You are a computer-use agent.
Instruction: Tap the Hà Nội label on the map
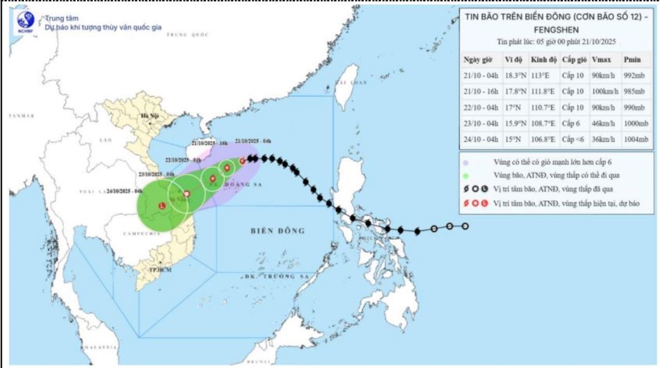coord(149,116)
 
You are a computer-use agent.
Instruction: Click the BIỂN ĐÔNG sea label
coord(277,230)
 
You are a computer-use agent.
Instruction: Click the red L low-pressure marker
coord(161,206)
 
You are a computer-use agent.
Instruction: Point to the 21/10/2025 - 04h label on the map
coord(252,141)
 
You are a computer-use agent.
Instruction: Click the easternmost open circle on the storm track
coord(465,226)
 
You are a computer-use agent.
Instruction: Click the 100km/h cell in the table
coord(603,92)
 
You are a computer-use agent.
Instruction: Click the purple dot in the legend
coord(467,163)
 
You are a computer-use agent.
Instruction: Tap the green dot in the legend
coord(467,176)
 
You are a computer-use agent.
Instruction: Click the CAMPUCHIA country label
coord(142,233)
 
